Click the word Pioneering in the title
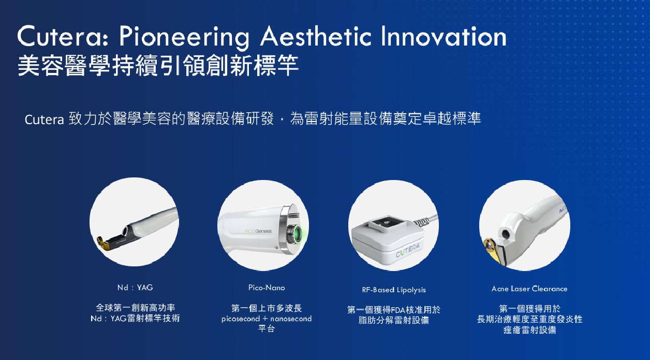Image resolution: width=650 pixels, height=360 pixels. (184, 37)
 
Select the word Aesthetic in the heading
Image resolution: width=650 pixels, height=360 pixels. (316, 36)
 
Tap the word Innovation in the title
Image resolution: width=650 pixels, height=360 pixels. (444, 36)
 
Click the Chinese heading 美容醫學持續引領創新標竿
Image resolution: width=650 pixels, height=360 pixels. (158, 66)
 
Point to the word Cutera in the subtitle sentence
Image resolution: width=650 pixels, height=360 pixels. (44, 119)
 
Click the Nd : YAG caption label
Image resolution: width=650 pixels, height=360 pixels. (135, 288)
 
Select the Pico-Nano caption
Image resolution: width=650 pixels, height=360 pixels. (267, 288)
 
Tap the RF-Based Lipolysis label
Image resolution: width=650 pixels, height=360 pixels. (394, 290)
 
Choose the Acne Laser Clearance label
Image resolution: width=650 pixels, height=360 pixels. (529, 289)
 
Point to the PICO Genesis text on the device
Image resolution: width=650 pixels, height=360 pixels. (258, 231)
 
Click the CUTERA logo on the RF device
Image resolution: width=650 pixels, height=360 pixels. (408, 250)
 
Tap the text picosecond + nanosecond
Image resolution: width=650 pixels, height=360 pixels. (267, 319)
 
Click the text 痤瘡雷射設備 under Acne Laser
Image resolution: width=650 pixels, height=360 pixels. (529, 330)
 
